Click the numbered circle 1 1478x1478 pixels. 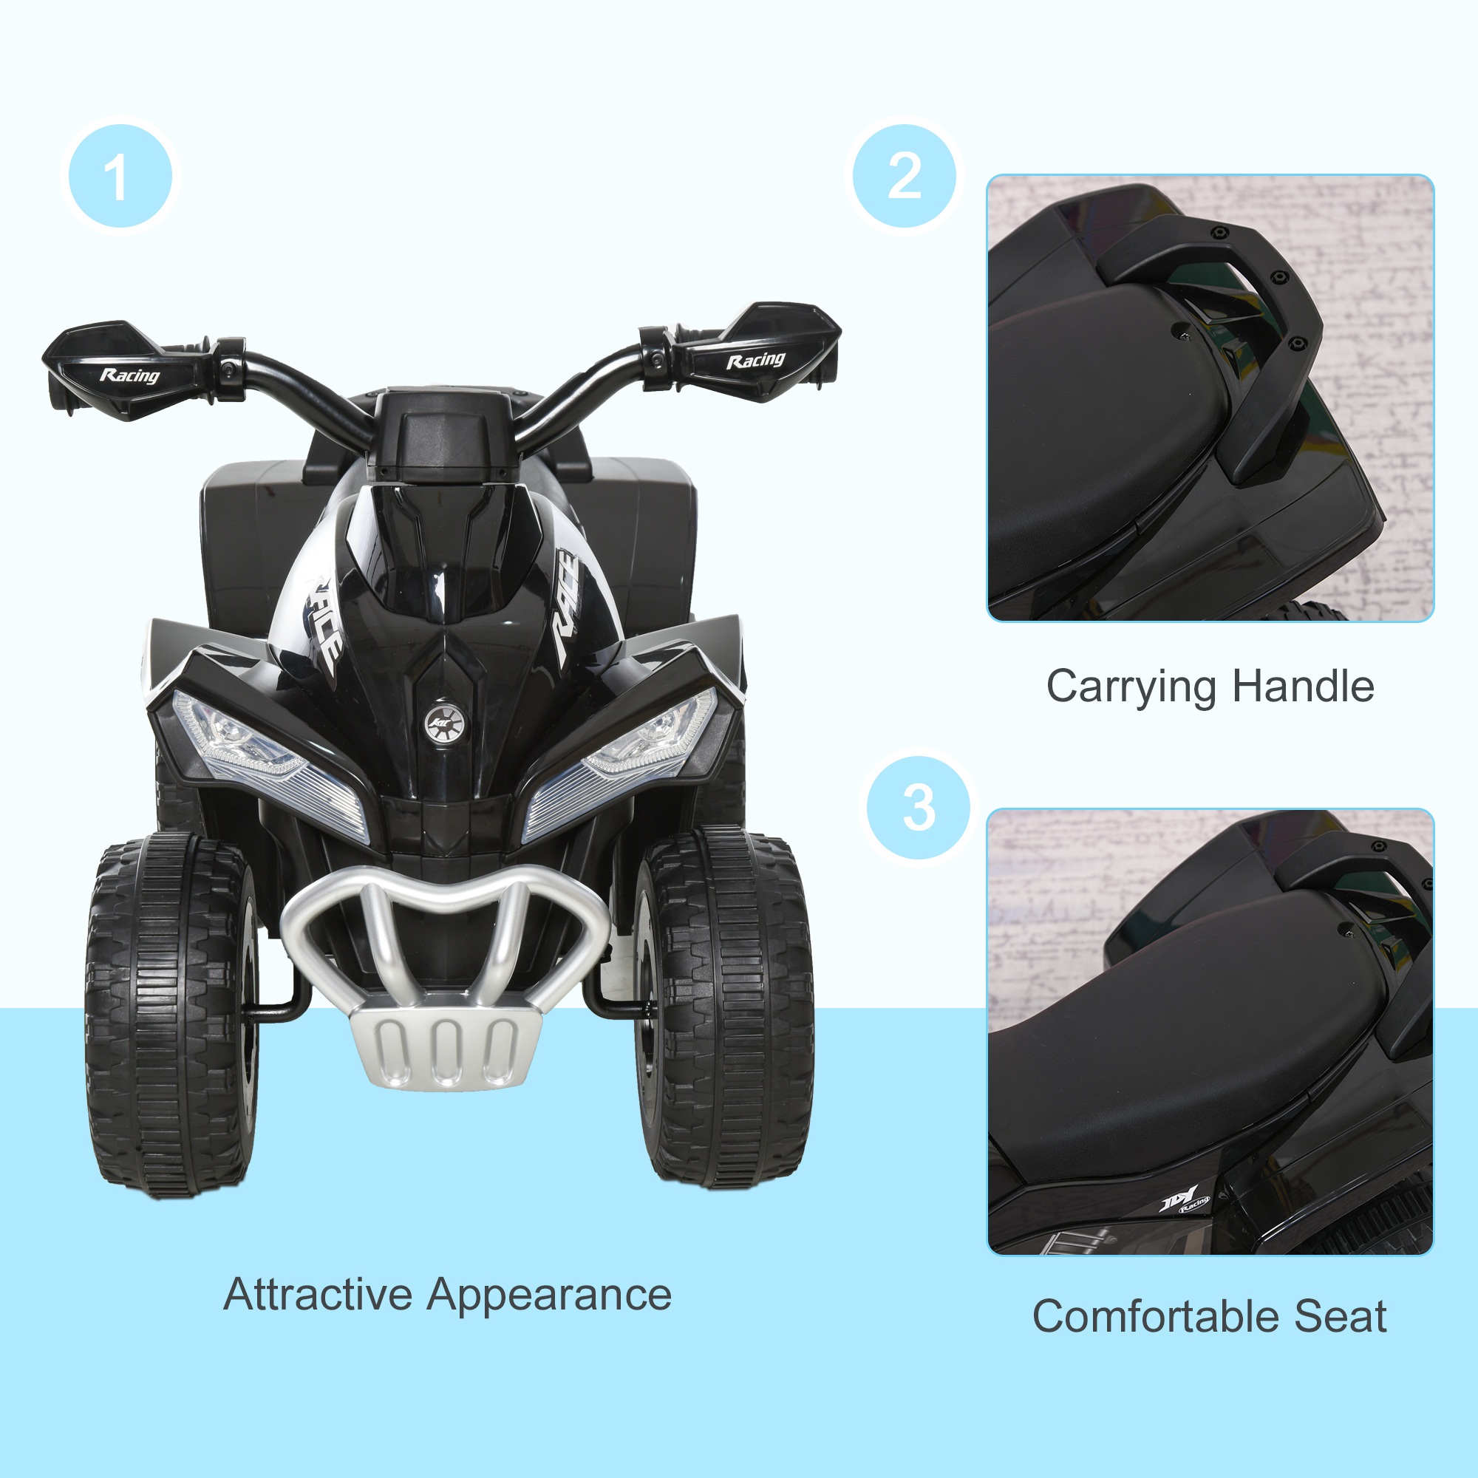tap(120, 176)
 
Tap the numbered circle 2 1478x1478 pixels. tap(905, 176)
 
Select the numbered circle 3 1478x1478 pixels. tap(918, 807)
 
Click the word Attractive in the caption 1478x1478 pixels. tap(318, 1295)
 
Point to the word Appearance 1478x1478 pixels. tap(548, 1296)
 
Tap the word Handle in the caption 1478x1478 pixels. tap(1303, 686)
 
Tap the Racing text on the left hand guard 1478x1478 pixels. tap(130, 375)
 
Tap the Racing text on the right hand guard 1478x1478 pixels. tap(755, 360)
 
